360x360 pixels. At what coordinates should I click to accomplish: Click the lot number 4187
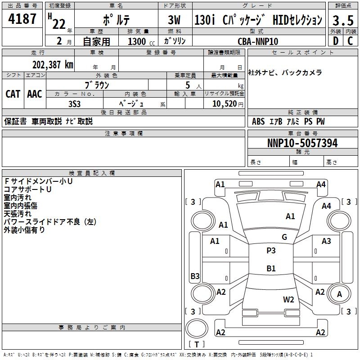pyautogui.click(x=22, y=19)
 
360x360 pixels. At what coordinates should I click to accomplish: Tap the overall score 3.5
pyautogui.click(x=342, y=20)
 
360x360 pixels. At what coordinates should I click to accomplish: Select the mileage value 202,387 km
pyautogui.click(x=53, y=64)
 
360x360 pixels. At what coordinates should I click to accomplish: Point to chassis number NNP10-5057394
pyautogui.click(x=302, y=144)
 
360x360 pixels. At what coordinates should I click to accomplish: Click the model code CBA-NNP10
pyautogui.click(x=258, y=41)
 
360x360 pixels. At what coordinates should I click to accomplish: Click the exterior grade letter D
pyautogui.click(x=335, y=41)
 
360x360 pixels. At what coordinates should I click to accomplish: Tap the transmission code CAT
pyautogui.click(x=13, y=94)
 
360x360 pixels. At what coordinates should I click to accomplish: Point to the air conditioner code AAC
pyautogui.click(x=35, y=94)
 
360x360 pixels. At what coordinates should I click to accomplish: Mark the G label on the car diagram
pyautogui.click(x=284, y=237)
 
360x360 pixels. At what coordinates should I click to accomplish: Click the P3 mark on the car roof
pyautogui.click(x=271, y=251)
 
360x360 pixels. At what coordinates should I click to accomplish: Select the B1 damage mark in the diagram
pyautogui.click(x=271, y=269)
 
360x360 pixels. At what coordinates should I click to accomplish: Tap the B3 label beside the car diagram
pyautogui.click(x=195, y=276)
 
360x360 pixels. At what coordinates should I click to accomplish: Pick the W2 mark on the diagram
pyautogui.click(x=288, y=300)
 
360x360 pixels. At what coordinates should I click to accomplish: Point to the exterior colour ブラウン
pyautogui.click(x=97, y=85)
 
